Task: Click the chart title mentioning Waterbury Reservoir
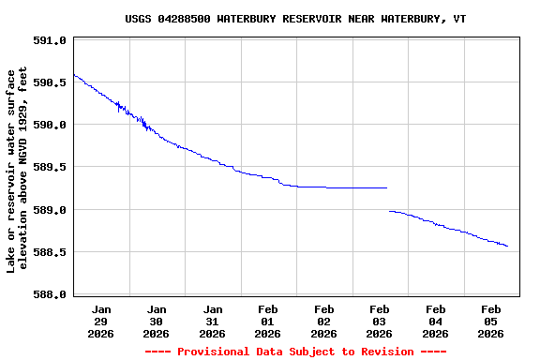295,19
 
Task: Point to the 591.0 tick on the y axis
49,40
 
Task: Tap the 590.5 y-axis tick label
49,82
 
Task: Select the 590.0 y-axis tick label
49,125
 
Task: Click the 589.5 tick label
49,167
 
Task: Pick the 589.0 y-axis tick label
49,210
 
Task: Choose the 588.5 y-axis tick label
49,252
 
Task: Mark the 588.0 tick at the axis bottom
49,294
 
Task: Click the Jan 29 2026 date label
101,321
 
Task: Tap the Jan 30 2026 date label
157,321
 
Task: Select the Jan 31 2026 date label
213,321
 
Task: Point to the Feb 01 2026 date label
268,321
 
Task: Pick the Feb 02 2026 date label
324,321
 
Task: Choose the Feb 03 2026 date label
380,321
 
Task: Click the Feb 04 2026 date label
435,321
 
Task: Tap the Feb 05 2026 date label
491,321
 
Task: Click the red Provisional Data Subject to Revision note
295,352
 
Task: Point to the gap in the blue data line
388,199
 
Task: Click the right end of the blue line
507,247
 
